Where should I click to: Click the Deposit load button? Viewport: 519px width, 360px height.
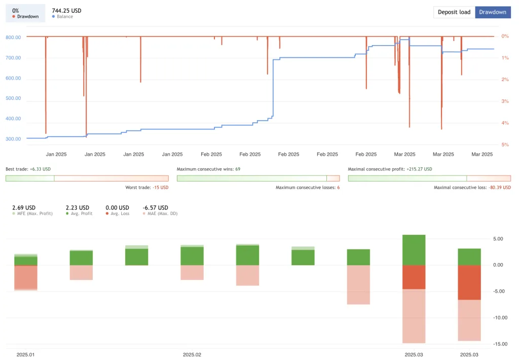pyautogui.click(x=454, y=12)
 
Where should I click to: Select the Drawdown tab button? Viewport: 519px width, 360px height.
pyautogui.click(x=492, y=12)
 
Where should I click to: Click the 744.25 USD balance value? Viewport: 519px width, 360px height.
pyautogui.click(x=66, y=11)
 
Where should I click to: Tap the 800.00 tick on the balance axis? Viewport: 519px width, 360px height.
pyautogui.click(x=13, y=38)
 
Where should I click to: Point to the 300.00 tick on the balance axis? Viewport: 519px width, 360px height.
pyautogui.click(x=13, y=139)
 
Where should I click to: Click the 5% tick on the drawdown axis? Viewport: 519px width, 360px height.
pyautogui.click(x=504, y=145)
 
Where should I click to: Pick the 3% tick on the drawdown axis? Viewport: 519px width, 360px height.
pyautogui.click(x=504, y=101)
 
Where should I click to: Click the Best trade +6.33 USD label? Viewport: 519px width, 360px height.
pyautogui.click(x=28, y=169)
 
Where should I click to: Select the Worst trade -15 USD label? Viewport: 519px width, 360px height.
pyautogui.click(x=147, y=188)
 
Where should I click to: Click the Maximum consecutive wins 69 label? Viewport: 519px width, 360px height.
pyautogui.click(x=208, y=169)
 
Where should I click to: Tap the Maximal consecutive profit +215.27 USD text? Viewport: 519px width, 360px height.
pyautogui.click(x=390, y=169)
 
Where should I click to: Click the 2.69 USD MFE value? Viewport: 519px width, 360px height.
pyautogui.click(x=24, y=207)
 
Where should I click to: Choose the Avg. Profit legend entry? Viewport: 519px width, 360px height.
pyautogui.click(x=80, y=213)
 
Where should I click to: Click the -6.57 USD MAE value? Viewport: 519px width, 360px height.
pyautogui.click(x=155, y=207)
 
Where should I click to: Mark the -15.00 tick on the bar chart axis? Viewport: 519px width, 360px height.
pyautogui.click(x=501, y=344)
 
